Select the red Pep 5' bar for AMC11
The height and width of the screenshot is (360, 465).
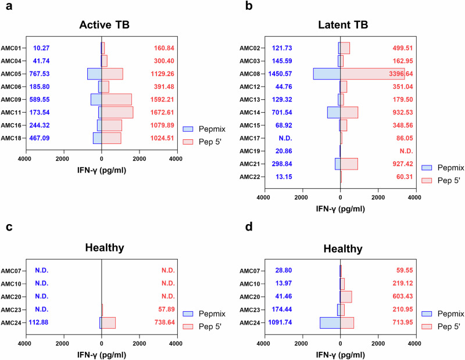point(117,112)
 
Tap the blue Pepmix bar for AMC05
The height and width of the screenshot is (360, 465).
point(94,74)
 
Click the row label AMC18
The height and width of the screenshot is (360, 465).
point(12,138)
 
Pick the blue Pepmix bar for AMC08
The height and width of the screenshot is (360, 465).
point(327,74)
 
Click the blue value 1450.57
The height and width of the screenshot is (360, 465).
point(284,74)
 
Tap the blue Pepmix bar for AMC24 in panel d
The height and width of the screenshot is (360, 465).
point(330,321)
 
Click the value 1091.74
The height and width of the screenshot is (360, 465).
point(284,321)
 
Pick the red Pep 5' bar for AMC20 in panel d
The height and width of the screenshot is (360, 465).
point(346,296)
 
